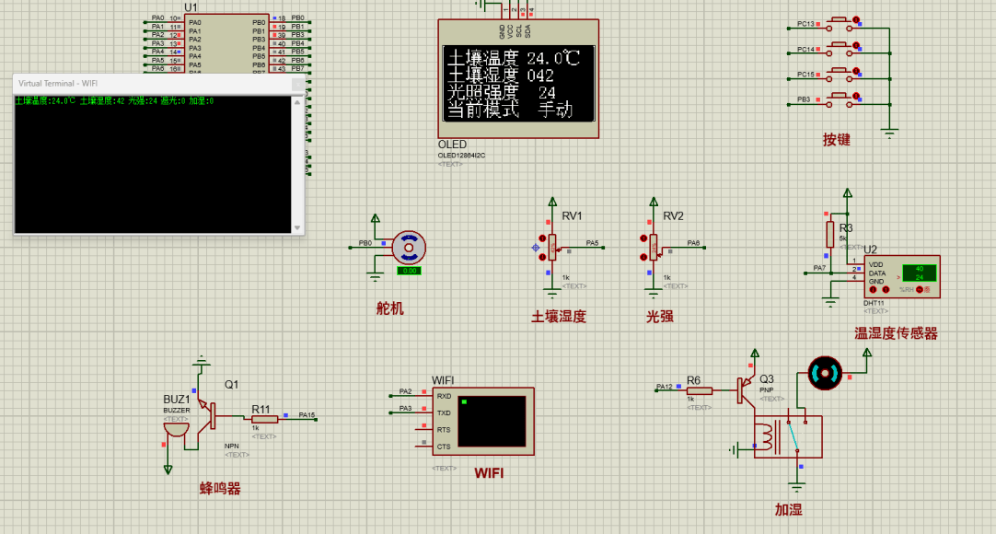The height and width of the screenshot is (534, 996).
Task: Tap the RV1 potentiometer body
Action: tap(552, 246)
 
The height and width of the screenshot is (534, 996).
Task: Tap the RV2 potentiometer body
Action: tap(654, 246)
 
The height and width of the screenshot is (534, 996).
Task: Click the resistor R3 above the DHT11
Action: tap(829, 231)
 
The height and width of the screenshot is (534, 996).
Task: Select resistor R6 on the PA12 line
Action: tap(699, 390)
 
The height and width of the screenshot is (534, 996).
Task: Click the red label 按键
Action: tap(836, 140)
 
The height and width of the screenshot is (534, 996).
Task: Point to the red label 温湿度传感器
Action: tap(896, 333)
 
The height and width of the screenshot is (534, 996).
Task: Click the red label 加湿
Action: tap(789, 509)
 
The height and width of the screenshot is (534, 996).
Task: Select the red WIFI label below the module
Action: tap(489, 473)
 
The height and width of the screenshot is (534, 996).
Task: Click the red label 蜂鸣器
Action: tap(220, 489)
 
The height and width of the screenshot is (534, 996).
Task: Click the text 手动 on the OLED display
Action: tap(555, 110)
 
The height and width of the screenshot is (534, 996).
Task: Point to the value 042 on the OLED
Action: tap(540, 75)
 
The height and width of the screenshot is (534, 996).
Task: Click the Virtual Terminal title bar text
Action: tap(58, 83)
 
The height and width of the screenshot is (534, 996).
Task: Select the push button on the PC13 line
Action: tap(840, 20)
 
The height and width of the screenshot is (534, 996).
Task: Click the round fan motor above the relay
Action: tap(824, 373)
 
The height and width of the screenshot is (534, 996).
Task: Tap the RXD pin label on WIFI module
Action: tap(444, 396)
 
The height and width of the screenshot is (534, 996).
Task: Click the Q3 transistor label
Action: tap(766, 378)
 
